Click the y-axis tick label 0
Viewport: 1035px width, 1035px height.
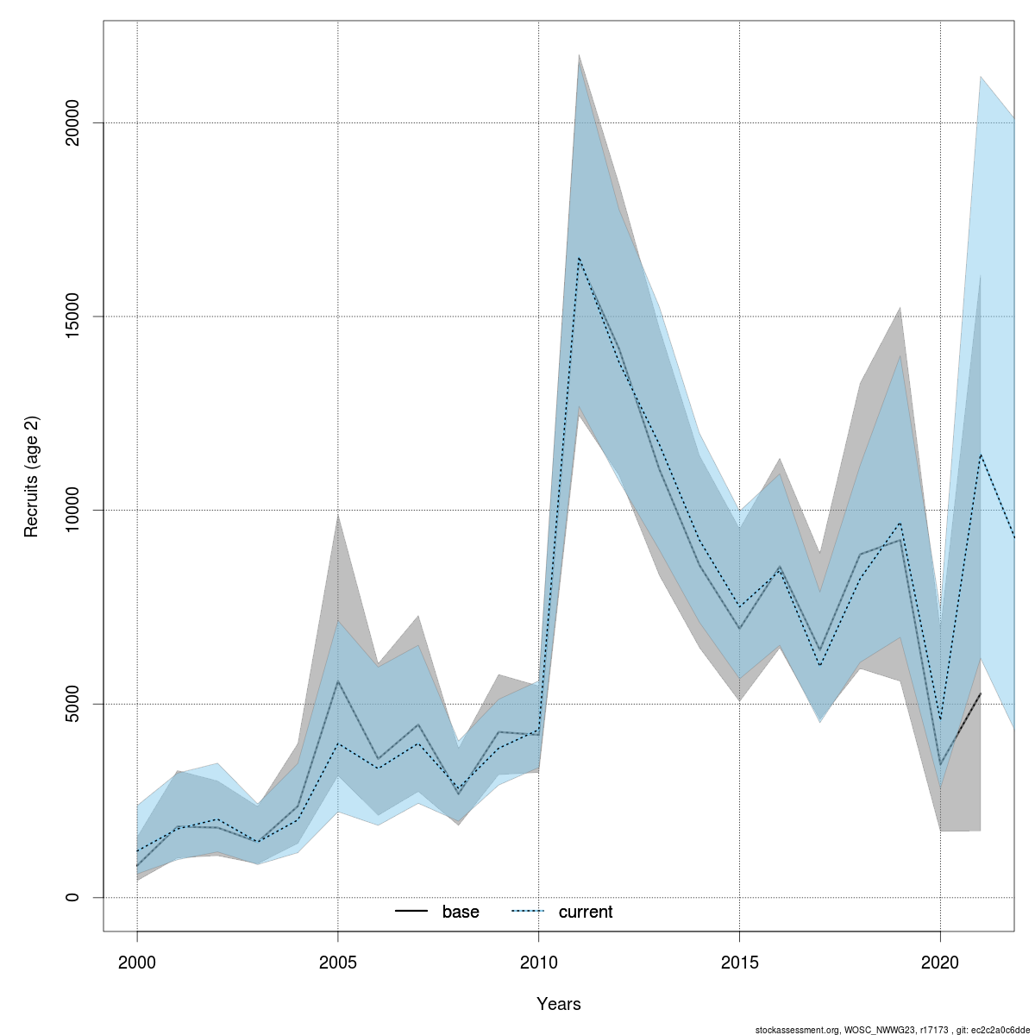click(x=73, y=897)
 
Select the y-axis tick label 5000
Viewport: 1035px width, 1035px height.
click(x=73, y=704)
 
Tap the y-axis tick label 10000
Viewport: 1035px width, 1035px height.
click(x=73, y=510)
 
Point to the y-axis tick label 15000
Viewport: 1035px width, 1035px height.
click(x=73, y=317)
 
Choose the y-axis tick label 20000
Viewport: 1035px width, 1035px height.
click(x=73, y=122)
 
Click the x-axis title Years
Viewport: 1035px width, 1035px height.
click(x=559, y=1004)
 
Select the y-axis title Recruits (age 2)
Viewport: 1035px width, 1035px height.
click(x=32, y=477)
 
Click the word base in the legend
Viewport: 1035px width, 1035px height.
click(x=461, y=912)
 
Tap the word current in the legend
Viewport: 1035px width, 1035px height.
click(x=586, y=912)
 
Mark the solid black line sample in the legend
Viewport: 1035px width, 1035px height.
click(x=411, y=912)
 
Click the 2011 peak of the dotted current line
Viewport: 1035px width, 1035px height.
click(x=579, y=258)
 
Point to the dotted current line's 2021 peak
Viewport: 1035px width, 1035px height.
click(x=981, y=455)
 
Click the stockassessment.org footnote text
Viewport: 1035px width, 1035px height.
click(x=893, y=1030)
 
